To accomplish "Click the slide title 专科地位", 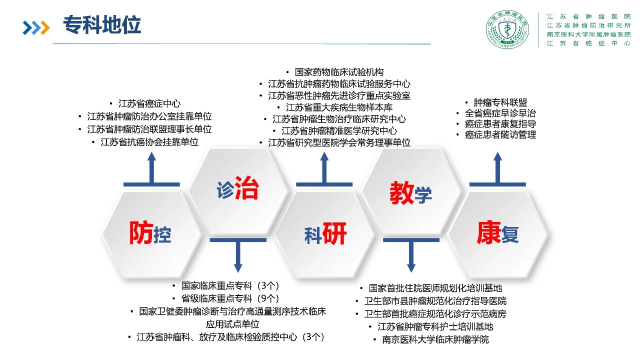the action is click(102, 25).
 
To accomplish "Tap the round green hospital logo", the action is click(507, 29).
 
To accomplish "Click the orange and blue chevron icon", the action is click(36, 27).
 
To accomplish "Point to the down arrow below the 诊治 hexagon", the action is click(238, 255).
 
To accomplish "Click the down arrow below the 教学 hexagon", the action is click(411, 255).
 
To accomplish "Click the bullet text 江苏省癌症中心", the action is click(149, 103).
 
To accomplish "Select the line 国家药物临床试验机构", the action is click(339, 72).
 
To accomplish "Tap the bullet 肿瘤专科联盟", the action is click(500, 102).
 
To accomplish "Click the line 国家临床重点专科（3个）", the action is click(230, 285).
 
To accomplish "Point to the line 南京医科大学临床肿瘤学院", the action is click(435, 339).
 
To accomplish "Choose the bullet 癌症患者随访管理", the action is click(500, 134).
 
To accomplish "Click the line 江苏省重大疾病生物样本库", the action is click(339, 107).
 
